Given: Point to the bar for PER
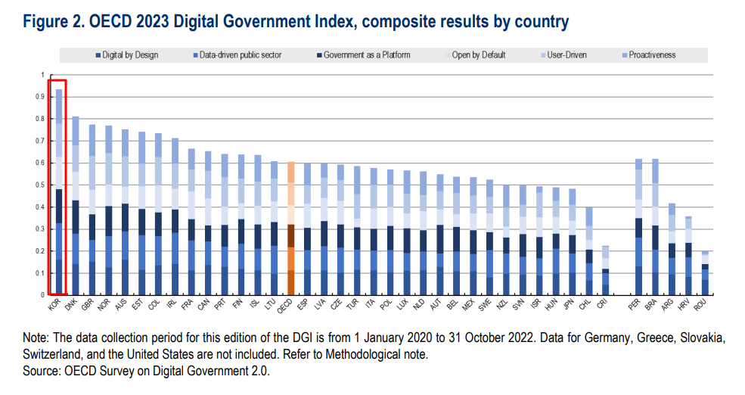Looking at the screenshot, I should pos(638,226).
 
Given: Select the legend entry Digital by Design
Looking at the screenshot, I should pos(126,55).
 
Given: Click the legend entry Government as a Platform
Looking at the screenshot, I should pos(365,55).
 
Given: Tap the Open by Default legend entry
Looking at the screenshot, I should pos(478,55).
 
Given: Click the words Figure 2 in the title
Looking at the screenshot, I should pos(52,22).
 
